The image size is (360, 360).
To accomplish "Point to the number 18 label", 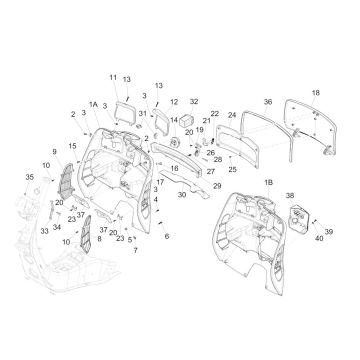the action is (315, 92).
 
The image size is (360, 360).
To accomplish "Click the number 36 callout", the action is (267, 102).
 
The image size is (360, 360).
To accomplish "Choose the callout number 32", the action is (194, 102).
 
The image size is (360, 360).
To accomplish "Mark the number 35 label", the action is (28, 177).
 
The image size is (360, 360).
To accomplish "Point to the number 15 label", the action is (71, 146).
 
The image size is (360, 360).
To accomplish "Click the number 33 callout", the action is (44, 229).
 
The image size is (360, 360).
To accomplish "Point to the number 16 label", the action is (174, 171).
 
